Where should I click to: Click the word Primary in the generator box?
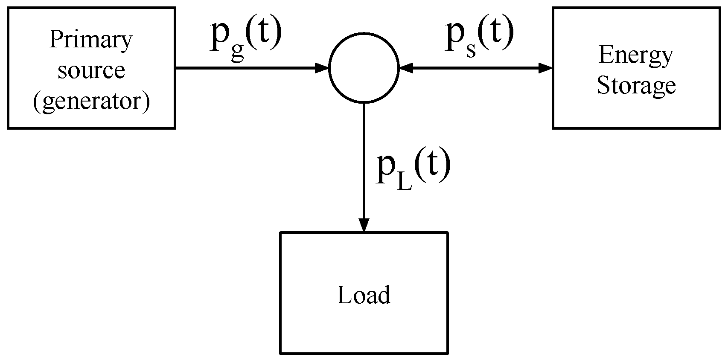91,41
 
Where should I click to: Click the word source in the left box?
91,70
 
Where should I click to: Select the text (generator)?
91,101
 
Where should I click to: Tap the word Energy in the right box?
635,55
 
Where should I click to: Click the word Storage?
635,85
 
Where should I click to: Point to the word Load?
364,295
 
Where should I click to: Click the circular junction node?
364,67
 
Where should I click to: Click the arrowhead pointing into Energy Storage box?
545,67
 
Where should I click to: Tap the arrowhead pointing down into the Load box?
364,224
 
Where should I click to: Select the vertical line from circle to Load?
364,162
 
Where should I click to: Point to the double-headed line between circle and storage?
476,67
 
